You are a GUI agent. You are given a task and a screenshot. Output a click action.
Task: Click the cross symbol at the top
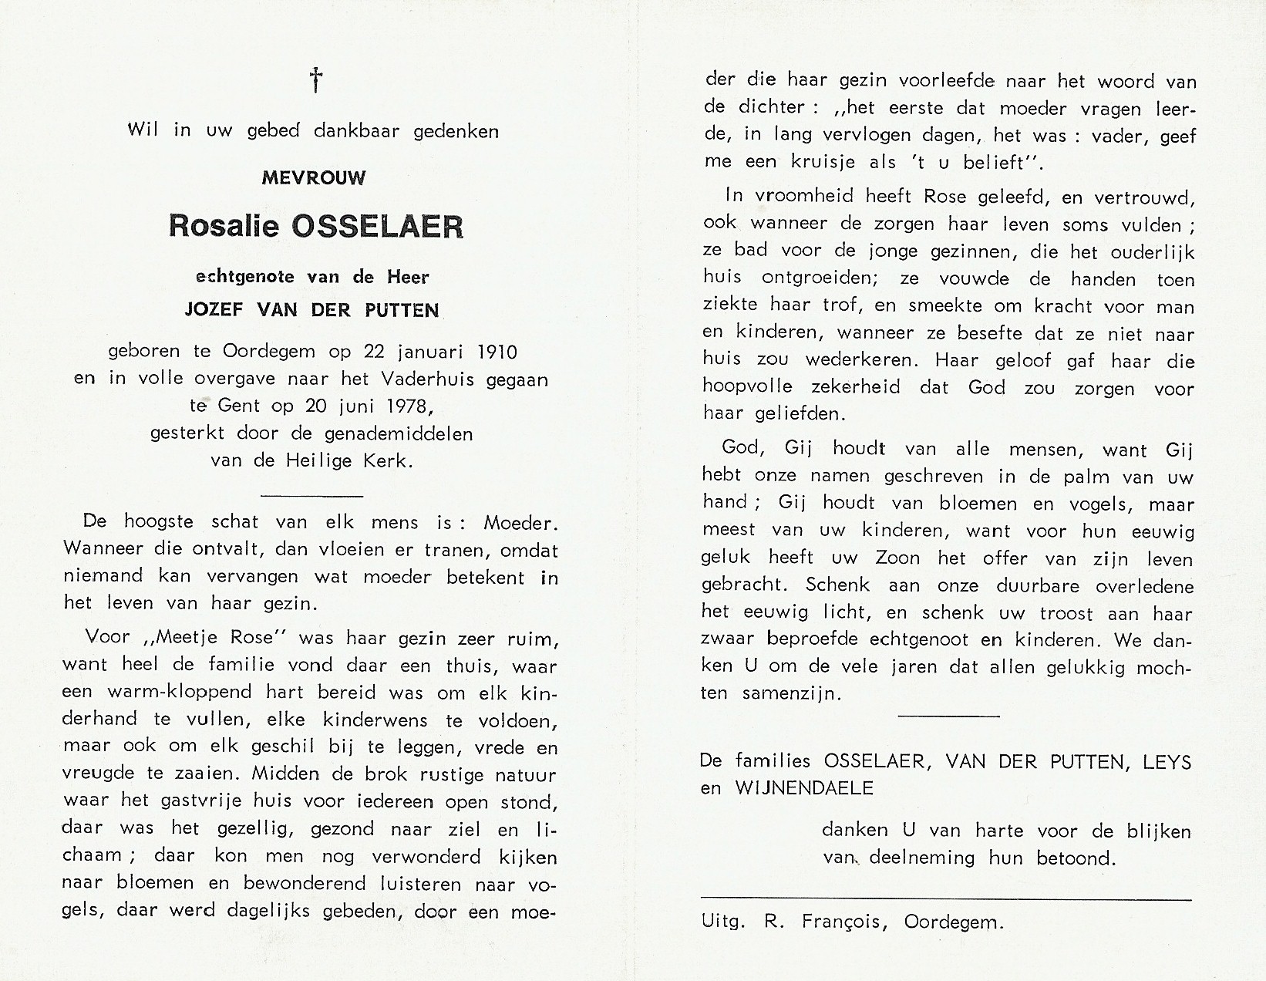tap(315, 79)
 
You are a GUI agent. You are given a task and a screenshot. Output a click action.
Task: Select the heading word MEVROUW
tap(315, 178)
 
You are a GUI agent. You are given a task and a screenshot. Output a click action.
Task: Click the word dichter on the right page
tap(761, 107)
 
